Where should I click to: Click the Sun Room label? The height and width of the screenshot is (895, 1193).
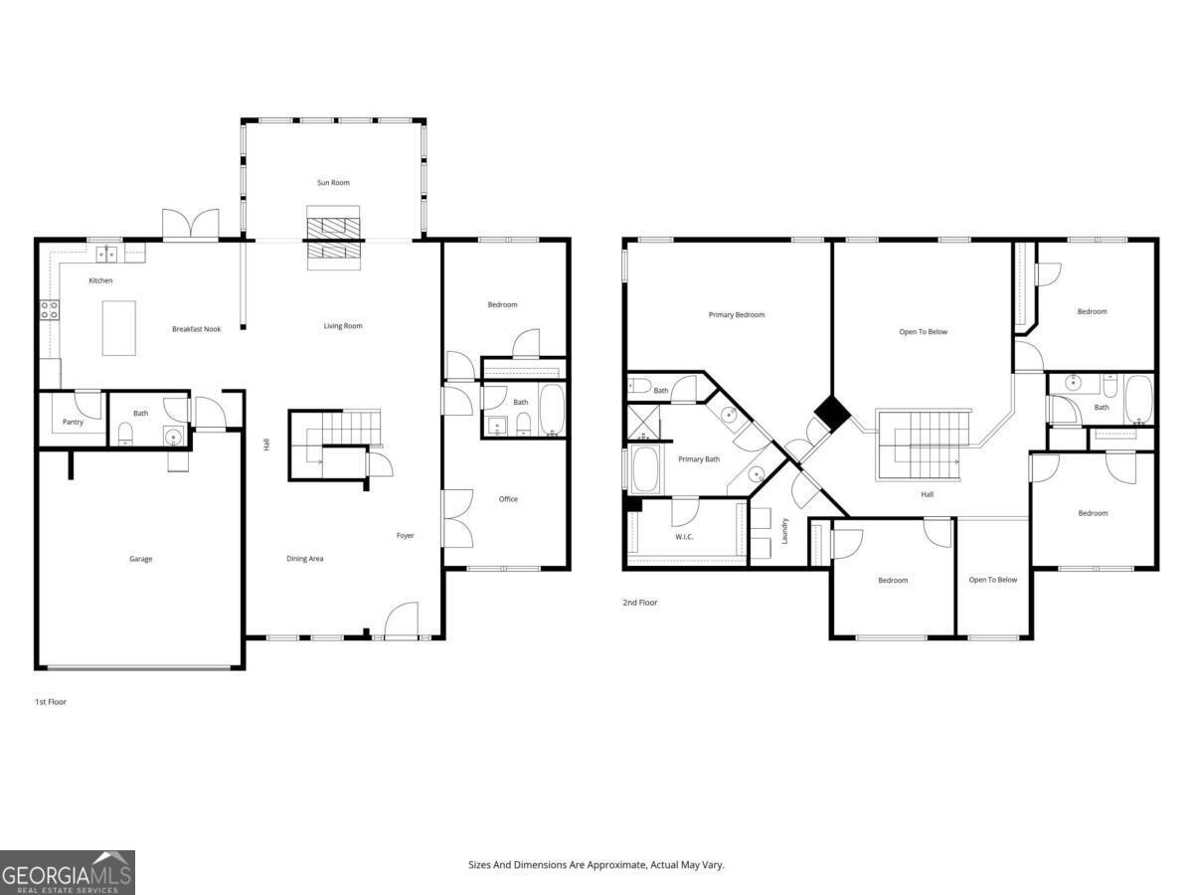[333, 183]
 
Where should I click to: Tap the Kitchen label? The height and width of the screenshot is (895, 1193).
[100, 280]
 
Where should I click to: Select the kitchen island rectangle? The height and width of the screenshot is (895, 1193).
[119, 328]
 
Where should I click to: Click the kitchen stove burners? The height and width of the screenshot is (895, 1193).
[50, 310]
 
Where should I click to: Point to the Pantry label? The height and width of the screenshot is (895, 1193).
[73, 422]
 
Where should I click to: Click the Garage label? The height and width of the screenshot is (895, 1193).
[141, 559]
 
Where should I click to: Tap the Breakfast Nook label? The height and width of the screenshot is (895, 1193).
[196, 329]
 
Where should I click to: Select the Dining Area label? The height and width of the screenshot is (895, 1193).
[305, 558]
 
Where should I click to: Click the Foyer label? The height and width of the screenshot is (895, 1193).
[405, 535]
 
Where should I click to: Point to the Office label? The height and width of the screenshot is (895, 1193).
[508, 499]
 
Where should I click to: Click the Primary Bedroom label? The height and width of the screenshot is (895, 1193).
[737, 314]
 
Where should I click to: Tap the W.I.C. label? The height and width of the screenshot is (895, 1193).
[684, 537]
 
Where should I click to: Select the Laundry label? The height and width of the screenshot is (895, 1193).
[784, 531]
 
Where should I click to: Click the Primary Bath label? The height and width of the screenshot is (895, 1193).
[699, 459]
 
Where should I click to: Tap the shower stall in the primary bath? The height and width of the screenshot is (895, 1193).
[643, 422]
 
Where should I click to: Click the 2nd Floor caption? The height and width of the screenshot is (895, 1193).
[640, 602]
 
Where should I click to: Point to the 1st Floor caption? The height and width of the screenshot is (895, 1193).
[51, 701]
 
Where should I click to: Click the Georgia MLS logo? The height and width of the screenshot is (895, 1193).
[68, 873]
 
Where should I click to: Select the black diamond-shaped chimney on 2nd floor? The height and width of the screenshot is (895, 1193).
[831, 414]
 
